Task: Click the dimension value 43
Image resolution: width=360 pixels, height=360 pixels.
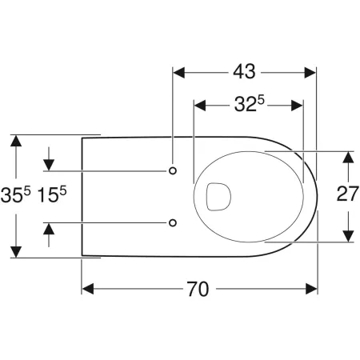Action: click(x=245, y=71)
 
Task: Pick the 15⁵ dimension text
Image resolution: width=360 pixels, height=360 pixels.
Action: click(x=50, y=195)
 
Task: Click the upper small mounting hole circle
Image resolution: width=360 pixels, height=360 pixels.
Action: click(x=174, y=171)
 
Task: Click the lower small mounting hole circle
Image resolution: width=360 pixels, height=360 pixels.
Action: click(x=174, y=222)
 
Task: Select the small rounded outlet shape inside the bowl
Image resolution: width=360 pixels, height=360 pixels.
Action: click(x=218, y=196)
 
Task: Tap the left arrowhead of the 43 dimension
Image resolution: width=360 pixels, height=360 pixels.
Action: click(x=179, y=71)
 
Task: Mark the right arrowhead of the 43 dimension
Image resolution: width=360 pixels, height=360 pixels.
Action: click(x=311, y=71)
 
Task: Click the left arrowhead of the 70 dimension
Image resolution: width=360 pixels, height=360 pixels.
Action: click(x=88, y=289)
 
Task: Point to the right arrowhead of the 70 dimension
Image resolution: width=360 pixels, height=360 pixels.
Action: click(x=311, y=289)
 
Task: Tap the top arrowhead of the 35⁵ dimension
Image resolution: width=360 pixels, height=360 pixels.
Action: click(x=14, y=142)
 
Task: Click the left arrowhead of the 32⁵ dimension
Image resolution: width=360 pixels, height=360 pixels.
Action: click(x=201, y=104)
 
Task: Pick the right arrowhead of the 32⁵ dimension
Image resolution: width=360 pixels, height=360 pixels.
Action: click(x=298, y=104)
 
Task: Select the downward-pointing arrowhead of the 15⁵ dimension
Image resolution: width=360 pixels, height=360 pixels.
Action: click(x=49, y=165)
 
